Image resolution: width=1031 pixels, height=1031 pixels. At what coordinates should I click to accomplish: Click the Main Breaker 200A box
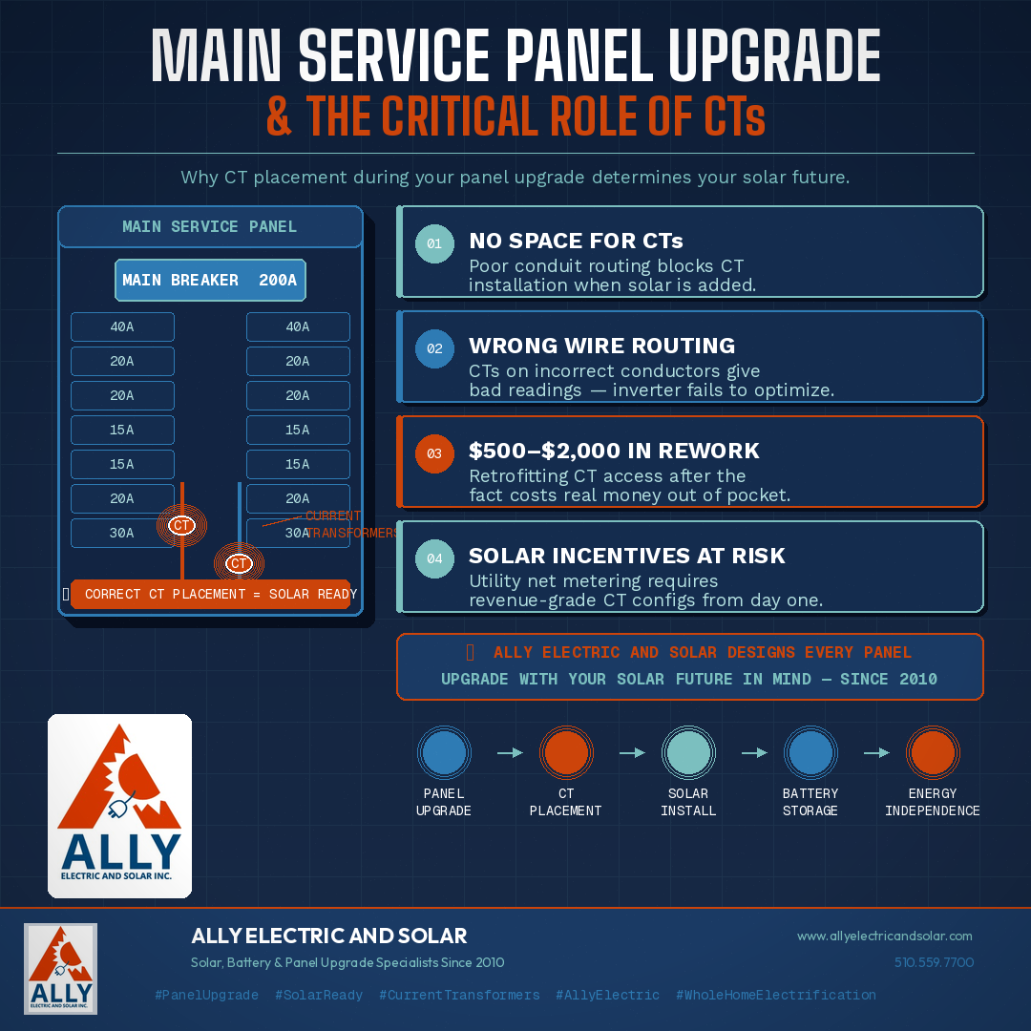[x=210, y=281]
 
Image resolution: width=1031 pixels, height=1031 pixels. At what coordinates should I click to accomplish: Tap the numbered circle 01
[x=434, y=243]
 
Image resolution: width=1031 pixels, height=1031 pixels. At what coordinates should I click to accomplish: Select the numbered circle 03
[x=434, y=453]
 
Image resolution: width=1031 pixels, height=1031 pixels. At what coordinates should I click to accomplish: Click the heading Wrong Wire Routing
[x=601, y=346]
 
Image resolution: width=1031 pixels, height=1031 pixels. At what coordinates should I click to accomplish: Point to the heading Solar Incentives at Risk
[x=626, y=556]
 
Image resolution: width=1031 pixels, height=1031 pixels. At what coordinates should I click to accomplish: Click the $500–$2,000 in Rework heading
[x=614, y=451]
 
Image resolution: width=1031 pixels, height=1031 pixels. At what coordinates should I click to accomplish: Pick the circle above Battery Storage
[x=810, y=752]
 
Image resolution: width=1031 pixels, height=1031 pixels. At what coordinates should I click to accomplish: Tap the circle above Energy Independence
[x=933, y=752]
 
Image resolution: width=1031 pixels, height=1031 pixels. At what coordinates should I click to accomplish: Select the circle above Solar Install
[x=688, y=752]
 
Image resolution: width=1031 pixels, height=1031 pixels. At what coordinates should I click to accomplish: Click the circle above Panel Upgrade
[x=444, y=752]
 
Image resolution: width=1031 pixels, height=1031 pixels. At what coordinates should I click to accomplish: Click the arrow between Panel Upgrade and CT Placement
[x=510, y=752]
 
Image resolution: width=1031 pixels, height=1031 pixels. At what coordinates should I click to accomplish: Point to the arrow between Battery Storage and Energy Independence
[x=876, y=752]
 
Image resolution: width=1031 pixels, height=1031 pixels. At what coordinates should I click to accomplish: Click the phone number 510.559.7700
[x=934, y=962]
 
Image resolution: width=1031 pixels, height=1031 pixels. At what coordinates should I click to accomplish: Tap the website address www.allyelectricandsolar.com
[x=884, y=936]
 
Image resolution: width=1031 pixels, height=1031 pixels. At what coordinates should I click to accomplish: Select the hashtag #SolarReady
[x=319, y=995]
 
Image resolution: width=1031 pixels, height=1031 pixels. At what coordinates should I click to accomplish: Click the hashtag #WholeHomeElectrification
[x=775, y=995]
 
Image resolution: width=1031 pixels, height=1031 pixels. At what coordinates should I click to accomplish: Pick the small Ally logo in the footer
[x=60, y=968]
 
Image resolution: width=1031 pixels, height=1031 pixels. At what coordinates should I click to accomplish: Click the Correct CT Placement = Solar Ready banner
[x=211, y=594]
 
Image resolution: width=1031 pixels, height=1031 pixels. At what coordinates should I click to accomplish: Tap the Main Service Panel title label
[x=210, y=227]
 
